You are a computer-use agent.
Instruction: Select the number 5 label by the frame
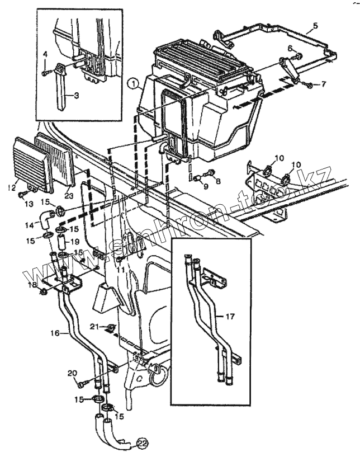tap(315, 26)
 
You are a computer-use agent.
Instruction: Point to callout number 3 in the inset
tap(45, 54)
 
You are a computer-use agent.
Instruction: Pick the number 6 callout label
tap(290, 48)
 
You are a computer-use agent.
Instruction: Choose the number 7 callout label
tap(323, 84)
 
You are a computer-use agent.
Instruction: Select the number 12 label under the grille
tap(11, 188)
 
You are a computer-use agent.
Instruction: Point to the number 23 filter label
tap(69, 195)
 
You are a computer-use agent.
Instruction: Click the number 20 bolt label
tap(72, 373)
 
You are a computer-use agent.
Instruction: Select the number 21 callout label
tap(96, 326)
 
